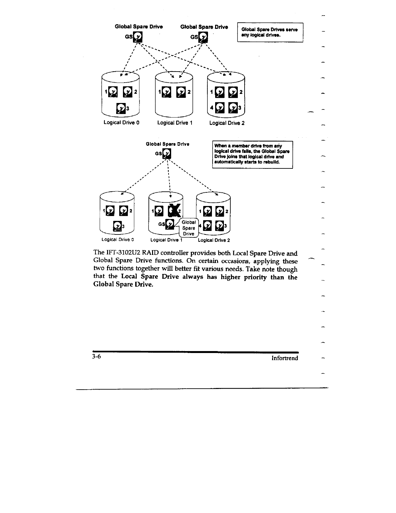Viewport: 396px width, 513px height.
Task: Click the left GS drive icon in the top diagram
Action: tap(138, 37)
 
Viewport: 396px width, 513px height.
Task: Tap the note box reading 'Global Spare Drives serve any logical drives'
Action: tap(270, 32)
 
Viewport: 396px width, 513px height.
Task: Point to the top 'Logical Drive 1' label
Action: tap(175, 123)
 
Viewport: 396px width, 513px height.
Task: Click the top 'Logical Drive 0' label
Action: tap(121, 122)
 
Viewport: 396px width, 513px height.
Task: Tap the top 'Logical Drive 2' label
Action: tap(227, 123)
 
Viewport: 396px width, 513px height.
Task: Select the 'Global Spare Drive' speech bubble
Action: tap(189, 228)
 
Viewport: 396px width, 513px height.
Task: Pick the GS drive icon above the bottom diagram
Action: tap(167, 154)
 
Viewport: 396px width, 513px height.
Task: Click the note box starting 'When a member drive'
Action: tap(252, 154)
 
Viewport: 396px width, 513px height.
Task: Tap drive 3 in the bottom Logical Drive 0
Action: tap(117, 226)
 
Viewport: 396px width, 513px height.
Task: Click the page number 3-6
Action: tap(97, 357)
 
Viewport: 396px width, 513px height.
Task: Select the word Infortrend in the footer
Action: tap(285, 358)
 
